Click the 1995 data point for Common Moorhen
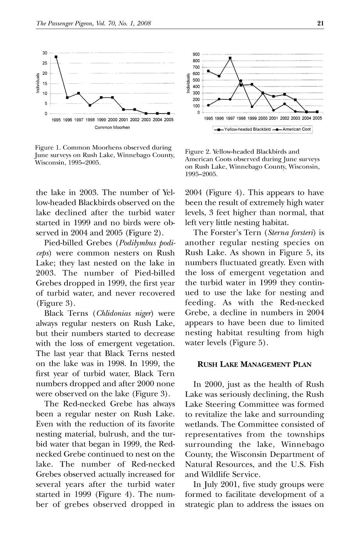click(x=56, y=57)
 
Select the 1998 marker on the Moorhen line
click(x=90, y=105)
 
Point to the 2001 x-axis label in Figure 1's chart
click(x=123, y=120)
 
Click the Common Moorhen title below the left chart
click(x=112, y=128)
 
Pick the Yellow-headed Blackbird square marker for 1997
click(x=230, y=58)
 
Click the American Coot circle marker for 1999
click(x=252, y=107)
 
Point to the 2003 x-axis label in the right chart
click(x=296, y=118)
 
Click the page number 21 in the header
click(x=320, y=23)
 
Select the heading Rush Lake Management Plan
click(x=254, y=365)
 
